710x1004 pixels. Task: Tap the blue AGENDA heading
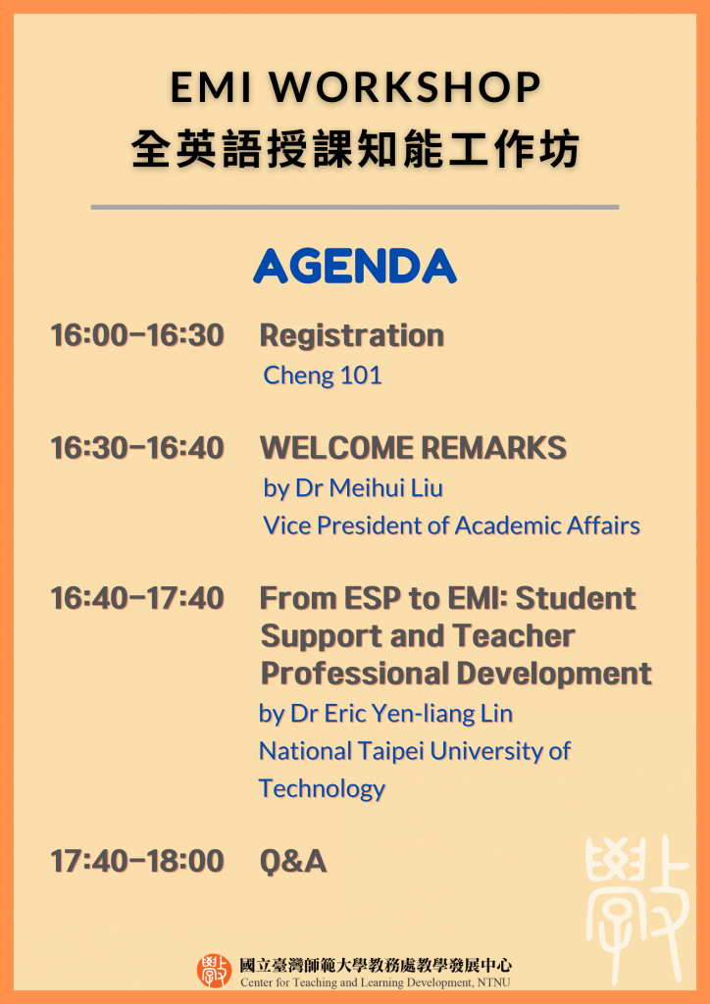tap(355, 266)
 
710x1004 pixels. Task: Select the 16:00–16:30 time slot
tap(137, 335)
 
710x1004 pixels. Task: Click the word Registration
tap(351, 336)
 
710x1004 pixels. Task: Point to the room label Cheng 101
tap(323, 376)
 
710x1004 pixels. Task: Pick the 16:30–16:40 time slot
tap(137, 447)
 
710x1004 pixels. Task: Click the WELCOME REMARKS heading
tap(413, 447)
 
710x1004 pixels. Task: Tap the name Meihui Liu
tap(386, 488)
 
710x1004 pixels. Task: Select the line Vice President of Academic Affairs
tap(451, 526)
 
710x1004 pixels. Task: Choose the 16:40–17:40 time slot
tap(137, 599)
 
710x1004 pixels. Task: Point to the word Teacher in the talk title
tap(514, 635)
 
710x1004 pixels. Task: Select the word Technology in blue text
tap(322, 789)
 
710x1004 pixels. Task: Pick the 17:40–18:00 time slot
tap(137, 861)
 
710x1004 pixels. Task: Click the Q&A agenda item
tap(293, 862)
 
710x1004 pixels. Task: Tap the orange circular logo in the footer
tap(214, 971)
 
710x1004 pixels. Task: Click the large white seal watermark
tap(637, 909)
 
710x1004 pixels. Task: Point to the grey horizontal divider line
tap(355, 207)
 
